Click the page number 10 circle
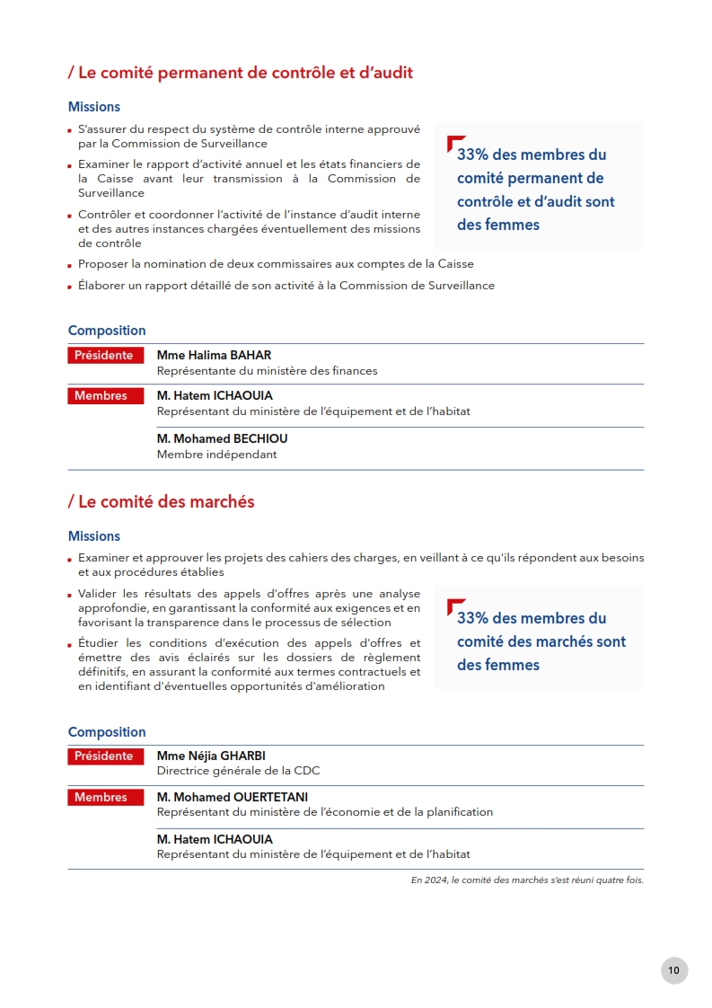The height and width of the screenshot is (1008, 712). [x=674, y=970]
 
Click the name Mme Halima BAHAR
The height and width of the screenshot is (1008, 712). [x=214, y=355]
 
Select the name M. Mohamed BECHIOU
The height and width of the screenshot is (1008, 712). [x=222, y=438]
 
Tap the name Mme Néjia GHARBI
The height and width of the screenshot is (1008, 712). [x=211, y=756]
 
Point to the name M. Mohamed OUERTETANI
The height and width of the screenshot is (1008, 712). [x=232, y=797]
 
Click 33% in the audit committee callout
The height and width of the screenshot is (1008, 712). [x=472, y=155]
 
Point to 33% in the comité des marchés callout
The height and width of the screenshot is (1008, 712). [x=472, y=618]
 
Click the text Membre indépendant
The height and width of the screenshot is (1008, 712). [x=216, y=455]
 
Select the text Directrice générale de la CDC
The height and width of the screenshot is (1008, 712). [x=238, y=771]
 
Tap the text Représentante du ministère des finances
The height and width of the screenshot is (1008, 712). [x=267, y=370]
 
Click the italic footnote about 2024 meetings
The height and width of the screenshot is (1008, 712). [x=527, y=880]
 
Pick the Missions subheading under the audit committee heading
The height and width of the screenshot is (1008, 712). [x=94, y=107]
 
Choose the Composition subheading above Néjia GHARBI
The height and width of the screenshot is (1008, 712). [x=107, y=732]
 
